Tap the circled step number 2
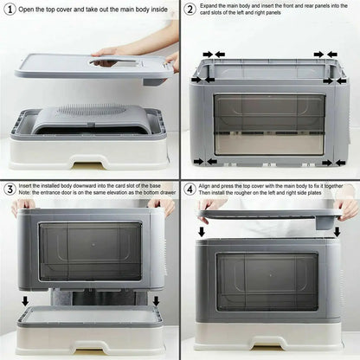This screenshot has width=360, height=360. pyautogui.click(x=190, y=10)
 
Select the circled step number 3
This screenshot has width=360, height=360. pyautogui.click(x=8, y=189)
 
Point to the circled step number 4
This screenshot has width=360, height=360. pyautogui.click(x=190, y=189)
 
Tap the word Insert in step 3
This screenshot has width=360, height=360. pyautogui.click(x=27, y=184)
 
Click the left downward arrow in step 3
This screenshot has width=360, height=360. pyautogui.click(x=25, y=300)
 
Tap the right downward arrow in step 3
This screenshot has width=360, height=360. pyautogui.click(x=156, y=300)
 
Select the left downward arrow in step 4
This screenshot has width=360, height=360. pyautogui.click(x=202, y=231)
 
